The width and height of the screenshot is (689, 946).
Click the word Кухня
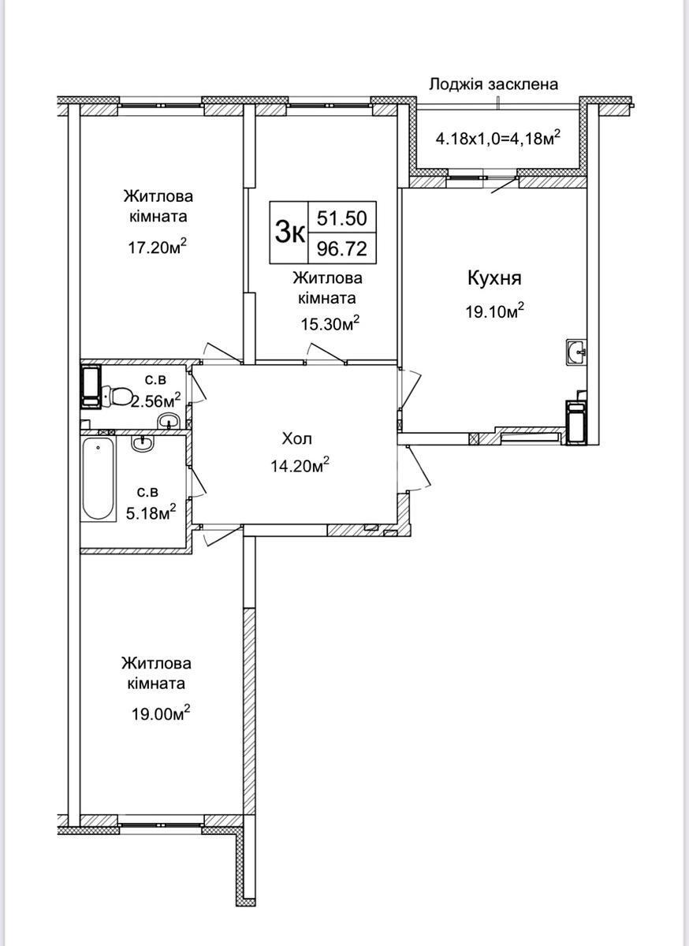[x=494, y=278]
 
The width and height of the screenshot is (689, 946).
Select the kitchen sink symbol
[x=576, y=352]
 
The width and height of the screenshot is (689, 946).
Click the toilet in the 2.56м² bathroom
[x=119, y=395]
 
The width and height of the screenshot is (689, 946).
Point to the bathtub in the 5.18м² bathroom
[x=99, y=480]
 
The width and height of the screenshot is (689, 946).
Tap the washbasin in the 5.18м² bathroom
[x=143, y=444]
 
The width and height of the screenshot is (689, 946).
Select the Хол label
[x=299, y=438]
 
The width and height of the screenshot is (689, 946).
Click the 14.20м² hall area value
[x=299, y=466]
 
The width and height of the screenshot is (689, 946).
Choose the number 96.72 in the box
[x=342, y=249]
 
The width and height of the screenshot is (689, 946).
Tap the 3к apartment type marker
[x=289, y=233]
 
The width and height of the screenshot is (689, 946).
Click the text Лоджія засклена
[x=493, y=84]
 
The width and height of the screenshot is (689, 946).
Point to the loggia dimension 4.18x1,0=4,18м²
[x=498, y=140]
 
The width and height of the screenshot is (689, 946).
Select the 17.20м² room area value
[x=158, y=248]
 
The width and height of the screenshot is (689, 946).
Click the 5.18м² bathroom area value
[x=151, y=513]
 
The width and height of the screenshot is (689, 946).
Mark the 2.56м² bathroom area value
[x=156, y=400]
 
